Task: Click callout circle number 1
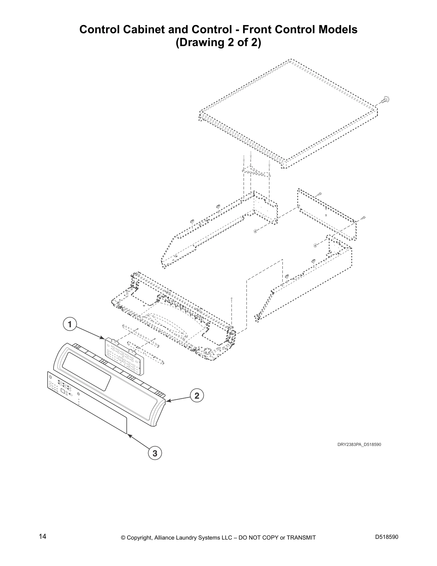(x=70, y=324)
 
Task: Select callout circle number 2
(x=197, y=396)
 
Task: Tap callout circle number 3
(x=155, y=453)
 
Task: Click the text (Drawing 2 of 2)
(x=218, y=43)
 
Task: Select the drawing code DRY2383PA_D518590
(x=359, y=445)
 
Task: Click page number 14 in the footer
(x=42, y=536)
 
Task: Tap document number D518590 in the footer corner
(x=387, y=537)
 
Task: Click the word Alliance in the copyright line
(x=165, y=538)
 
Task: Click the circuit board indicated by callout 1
(x=124, y=356)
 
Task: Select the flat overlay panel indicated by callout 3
(x=87, y=402)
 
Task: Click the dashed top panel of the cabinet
(x=288, y=114)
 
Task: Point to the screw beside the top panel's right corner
(x=385, y=100)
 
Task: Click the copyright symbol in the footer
(x=123, y=538)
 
